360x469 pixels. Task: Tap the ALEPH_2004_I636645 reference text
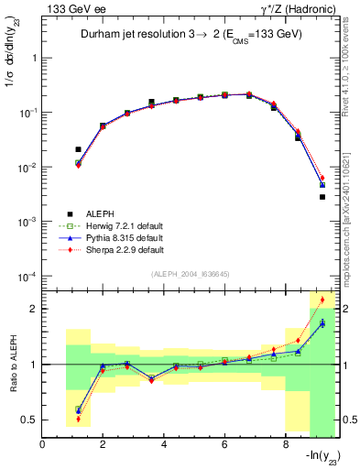click(191, 274)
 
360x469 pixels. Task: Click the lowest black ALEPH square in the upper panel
click(322, 197)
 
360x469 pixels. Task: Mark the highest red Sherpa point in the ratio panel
click(322, 300)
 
